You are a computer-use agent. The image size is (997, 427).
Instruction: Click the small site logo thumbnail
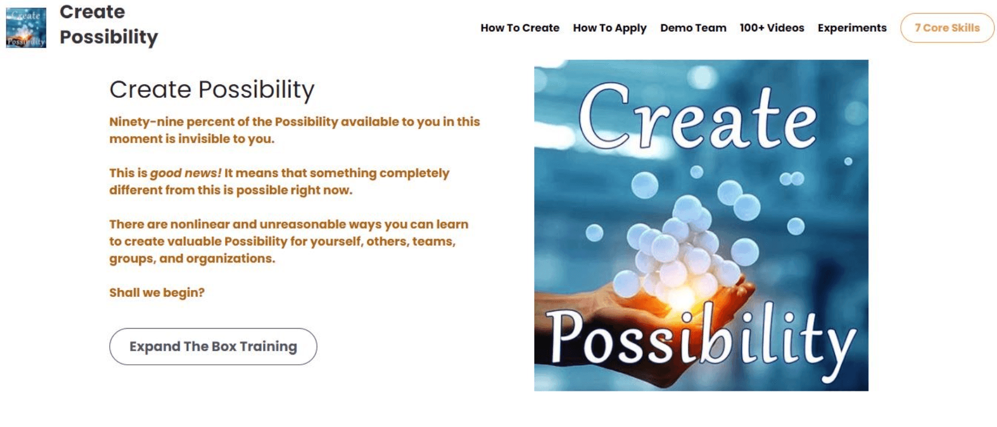click(26, 28)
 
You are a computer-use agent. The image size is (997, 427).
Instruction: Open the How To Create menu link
click(520, 28)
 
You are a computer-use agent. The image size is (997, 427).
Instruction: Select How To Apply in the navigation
click(609, 28)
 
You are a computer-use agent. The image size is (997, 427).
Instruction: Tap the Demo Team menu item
click(693, 28)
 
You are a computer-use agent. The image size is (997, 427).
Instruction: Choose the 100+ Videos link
click(772, 28)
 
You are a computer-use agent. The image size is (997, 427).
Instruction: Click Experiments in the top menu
click(852, 28)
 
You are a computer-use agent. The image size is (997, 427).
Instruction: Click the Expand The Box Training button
click(213, 346)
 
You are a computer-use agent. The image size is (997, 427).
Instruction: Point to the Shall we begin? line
click(157, 292)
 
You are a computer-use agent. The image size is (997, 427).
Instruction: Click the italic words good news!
click(186, 173)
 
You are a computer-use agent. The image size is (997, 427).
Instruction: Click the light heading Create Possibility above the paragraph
click(212, 90)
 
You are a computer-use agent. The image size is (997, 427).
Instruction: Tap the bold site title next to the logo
click(109, 24)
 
